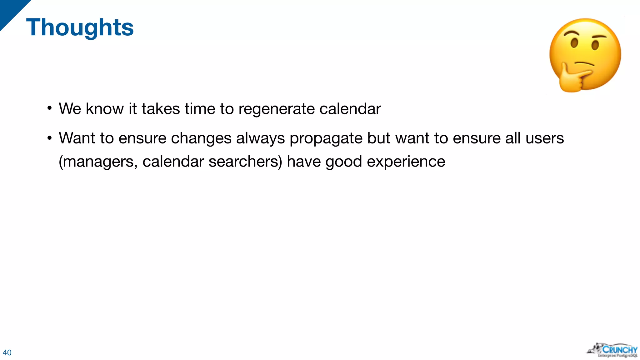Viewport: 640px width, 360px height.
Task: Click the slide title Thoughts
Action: [80, 27]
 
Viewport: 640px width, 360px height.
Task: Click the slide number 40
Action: [7, 352]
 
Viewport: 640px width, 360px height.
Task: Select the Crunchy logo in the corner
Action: [612, 350]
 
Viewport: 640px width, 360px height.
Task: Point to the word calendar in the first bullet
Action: [350, 109]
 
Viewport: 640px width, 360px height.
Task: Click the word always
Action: [260, 138]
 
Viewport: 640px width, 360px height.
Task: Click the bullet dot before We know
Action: [49, 108]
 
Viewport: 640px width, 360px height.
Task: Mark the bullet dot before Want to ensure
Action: [49, 138]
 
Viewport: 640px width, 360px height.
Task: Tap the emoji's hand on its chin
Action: [572, 78]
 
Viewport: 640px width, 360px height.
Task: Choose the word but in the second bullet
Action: [379, 138]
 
